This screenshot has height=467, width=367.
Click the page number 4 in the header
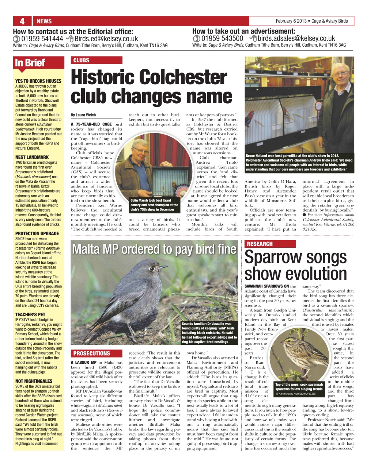point(22,21)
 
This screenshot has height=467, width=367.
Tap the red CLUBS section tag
point(81,60)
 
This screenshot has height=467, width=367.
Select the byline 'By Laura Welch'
point(83,115)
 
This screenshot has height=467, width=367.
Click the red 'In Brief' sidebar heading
point(30,63)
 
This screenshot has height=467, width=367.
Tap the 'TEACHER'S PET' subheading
point(30,314)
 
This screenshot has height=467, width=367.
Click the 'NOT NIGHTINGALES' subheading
point(34,381)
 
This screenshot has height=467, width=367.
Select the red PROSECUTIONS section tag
point(91,354)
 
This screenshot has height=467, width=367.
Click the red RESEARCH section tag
point(260,244)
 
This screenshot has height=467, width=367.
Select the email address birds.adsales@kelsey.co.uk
point(296,39)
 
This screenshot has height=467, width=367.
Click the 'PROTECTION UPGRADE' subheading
point(37,233)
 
